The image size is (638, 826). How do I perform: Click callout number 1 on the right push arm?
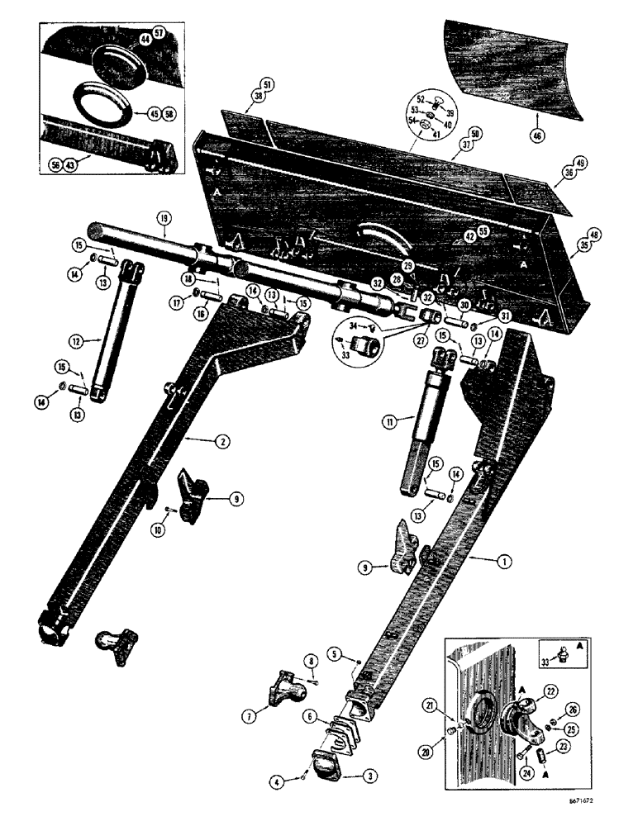(503, 561)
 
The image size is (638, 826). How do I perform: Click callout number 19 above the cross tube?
(163, 218)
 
